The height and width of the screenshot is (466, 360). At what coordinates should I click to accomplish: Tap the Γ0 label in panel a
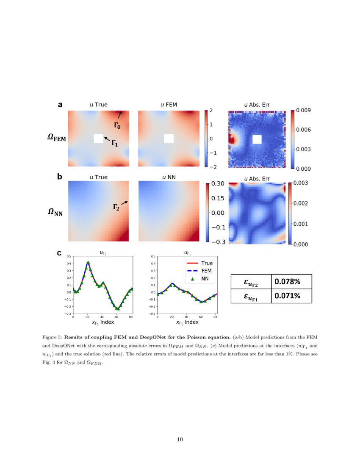(116, 125)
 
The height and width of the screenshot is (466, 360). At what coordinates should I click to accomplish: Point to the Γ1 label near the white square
(115, 143)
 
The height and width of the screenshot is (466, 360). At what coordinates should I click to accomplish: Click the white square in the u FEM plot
(169, 139)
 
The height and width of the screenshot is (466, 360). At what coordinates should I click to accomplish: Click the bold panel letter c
(59, 253)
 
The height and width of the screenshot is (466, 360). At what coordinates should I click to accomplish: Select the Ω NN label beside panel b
(55, 213)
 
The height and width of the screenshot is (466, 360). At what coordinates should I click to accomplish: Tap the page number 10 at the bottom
(180, 439)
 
